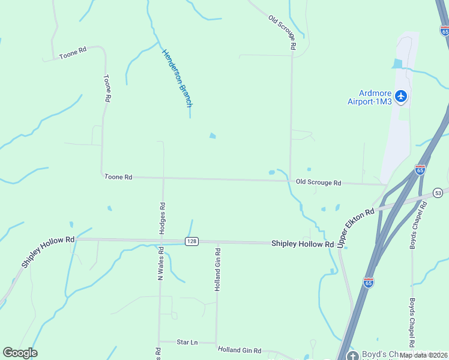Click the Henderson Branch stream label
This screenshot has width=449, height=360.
coord(178,78)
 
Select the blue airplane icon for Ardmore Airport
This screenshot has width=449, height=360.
coord(401,96)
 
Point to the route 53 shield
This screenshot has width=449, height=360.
coord(439,193)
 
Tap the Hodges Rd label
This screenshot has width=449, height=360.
coord(162,214)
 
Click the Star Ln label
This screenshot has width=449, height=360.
coord(187,342)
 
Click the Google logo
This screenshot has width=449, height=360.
coord(20,353)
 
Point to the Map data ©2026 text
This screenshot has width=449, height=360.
coord(423,355)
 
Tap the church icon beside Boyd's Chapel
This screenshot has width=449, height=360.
coord(352,355)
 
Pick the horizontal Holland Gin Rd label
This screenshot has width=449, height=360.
coord(240,350)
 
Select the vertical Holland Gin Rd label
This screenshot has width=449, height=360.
coord(218,269)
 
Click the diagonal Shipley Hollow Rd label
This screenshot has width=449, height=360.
coord(47,252)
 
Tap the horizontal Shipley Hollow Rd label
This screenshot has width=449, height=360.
coord(302,244)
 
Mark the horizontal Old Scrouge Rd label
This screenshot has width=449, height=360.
coord(318,182)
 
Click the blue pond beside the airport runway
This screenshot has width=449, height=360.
coord(397,64)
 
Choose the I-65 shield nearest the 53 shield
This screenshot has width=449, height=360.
coord(420,170)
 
